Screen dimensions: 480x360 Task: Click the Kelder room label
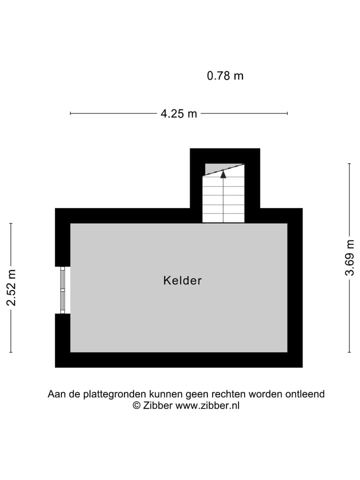(x=182, y=280)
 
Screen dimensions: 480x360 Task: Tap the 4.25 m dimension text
(x=178, y=114)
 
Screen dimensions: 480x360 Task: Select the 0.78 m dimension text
(x=225, y=76)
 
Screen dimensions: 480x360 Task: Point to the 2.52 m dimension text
(x=11, y=287)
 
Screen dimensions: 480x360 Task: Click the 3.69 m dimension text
(x=349, y=257)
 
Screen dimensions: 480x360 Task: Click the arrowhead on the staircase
(x=223, y=174)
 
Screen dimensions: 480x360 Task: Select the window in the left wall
(x=62, y=290)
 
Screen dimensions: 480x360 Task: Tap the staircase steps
(x=223, y=200)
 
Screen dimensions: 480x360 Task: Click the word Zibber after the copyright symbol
(x=158, y=405)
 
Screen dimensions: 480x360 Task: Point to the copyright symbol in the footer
(x=136, y=405)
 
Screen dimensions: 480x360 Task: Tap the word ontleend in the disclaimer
(x=304, y=394)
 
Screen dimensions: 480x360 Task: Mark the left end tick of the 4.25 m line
(x=70, y=113)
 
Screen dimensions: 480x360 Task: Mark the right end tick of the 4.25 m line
(x=287, y=113)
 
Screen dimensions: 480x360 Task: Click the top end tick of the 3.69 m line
(x=349, y=163)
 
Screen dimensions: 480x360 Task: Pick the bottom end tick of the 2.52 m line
(x=11, y=352)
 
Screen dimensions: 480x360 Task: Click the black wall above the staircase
(x=225, y=155)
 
